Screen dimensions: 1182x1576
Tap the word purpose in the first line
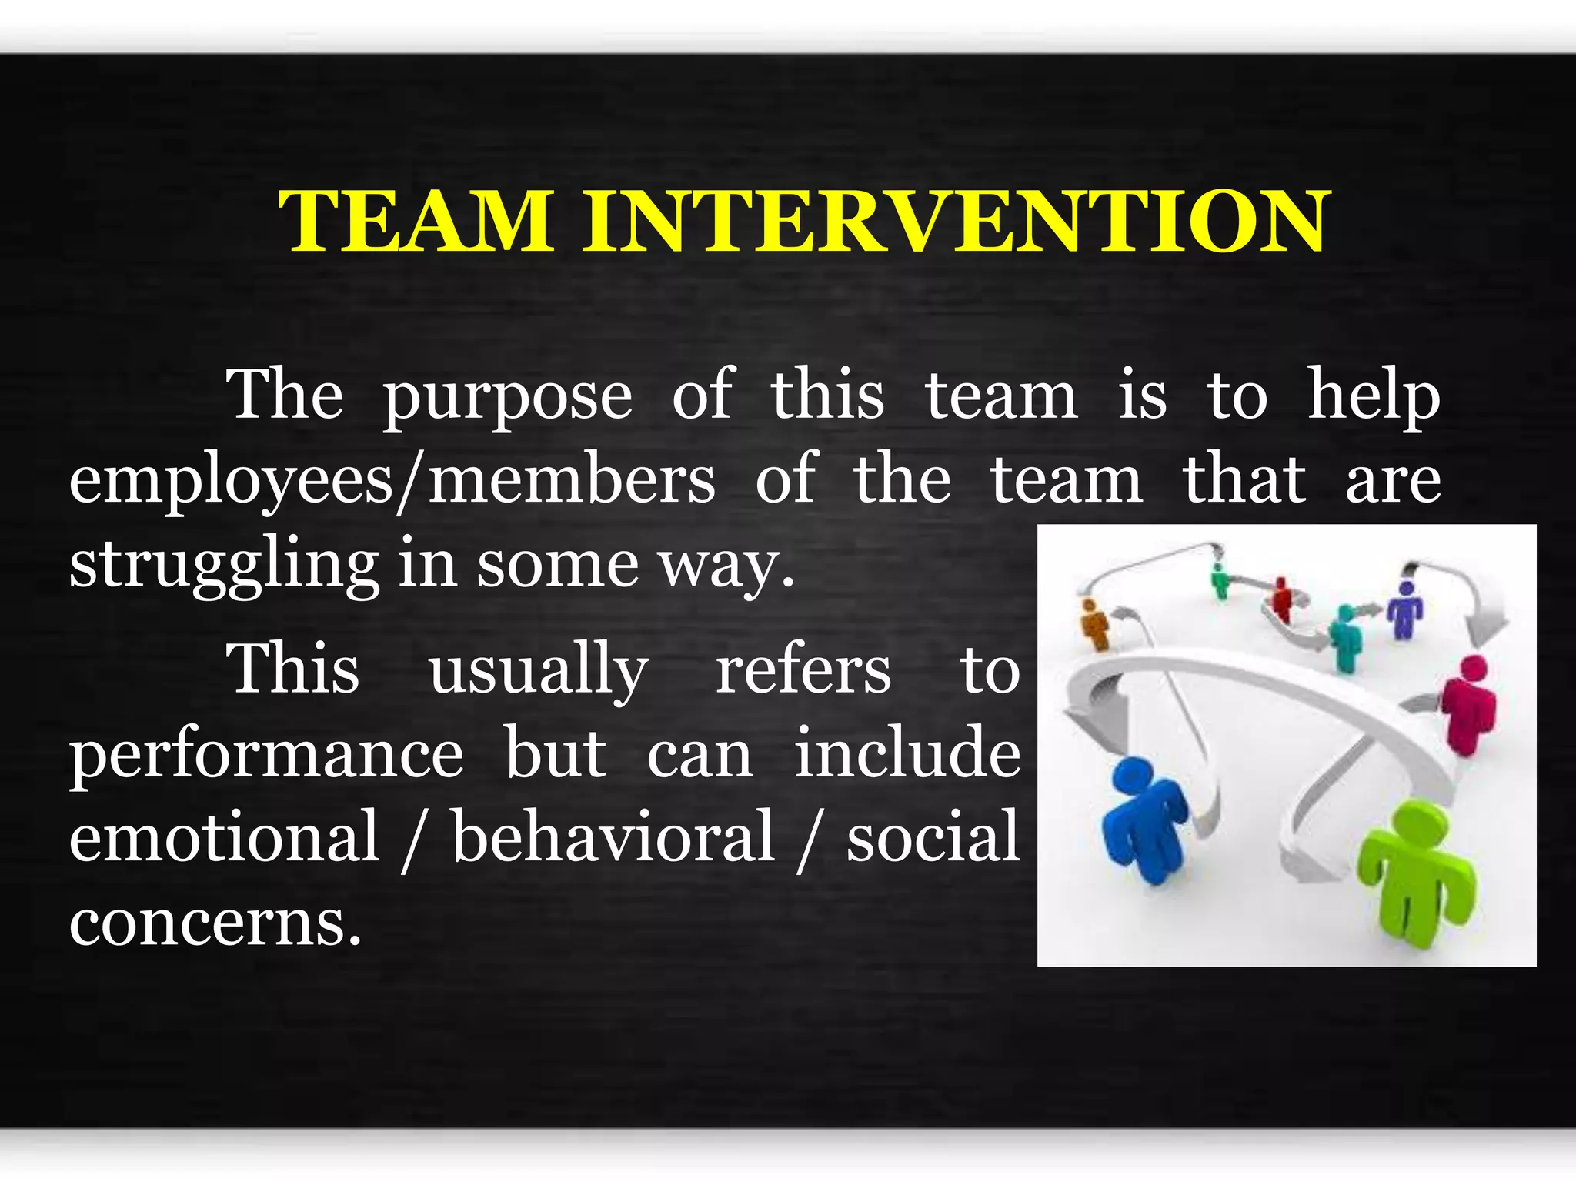pyautogui.click(x=508, y=397)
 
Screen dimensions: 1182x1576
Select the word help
pyautogui.click(x=1374, y=397)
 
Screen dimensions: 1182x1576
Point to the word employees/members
pyautogui.click(x=392, y=481)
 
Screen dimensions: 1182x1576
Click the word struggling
pyautogui.click(x=223, y=566)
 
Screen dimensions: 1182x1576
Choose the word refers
pyautogui.click(x=803, y=669)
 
